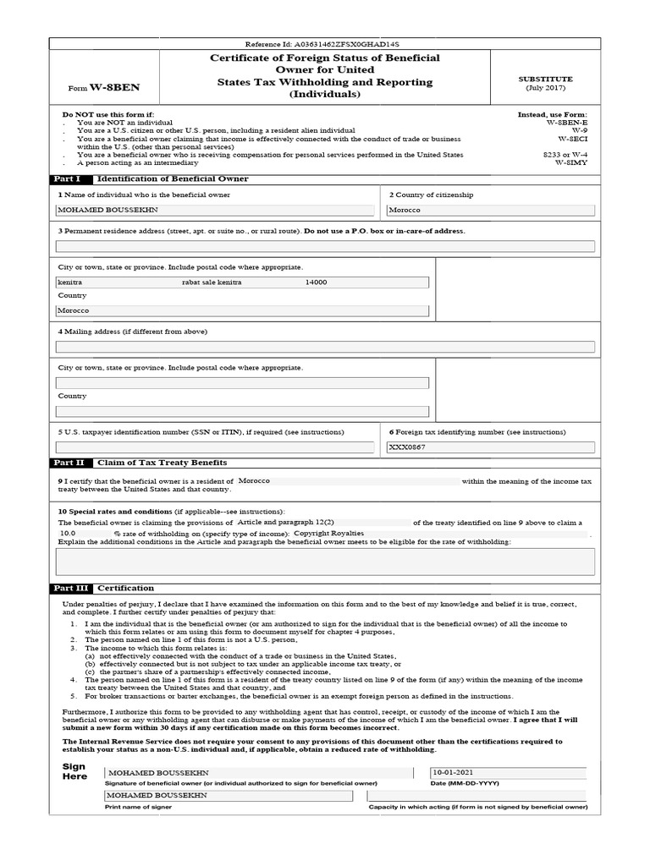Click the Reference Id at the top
[x=322, y=43]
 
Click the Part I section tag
[x=67, y=179]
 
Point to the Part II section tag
[x=69, y=463]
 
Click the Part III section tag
[x=69, y=588]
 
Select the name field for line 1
[x=214, y=211]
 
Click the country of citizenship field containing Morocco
[x=491, y=211]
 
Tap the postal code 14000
[x=316, y=282]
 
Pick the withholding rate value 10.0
[x=69, y=534]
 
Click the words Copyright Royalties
[x=328, y=534]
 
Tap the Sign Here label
[x=74, y=771]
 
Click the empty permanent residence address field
[x=325, y=247]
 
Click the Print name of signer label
[x=138, y=807]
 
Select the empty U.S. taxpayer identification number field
[x=214, y=447]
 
